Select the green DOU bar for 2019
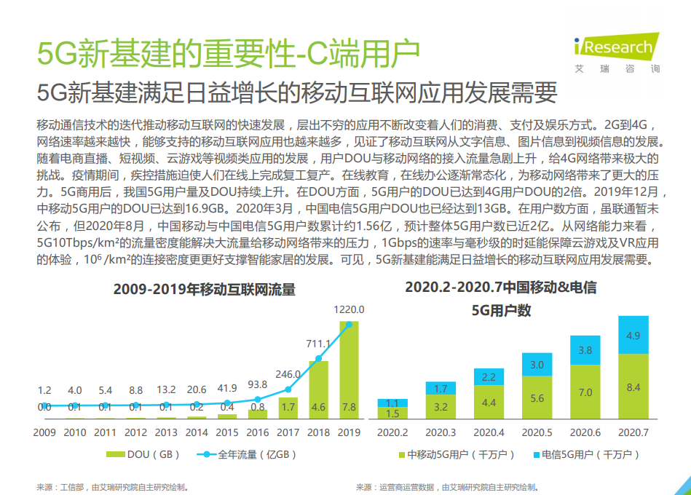(x=349, y=371)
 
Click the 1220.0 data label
(x=349, y=309)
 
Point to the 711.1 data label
(x=318, y=344)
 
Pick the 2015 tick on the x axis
(x=227, y=432)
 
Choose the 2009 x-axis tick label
(x=44, y=432)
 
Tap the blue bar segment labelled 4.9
(x=633, y=336)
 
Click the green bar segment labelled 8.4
(x=633, y=387)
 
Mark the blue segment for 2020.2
(x=392, y=403)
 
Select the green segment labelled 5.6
(x=537, y=397)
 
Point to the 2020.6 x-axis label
(x=585, y=432)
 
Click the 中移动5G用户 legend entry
(x=456, y=455)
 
